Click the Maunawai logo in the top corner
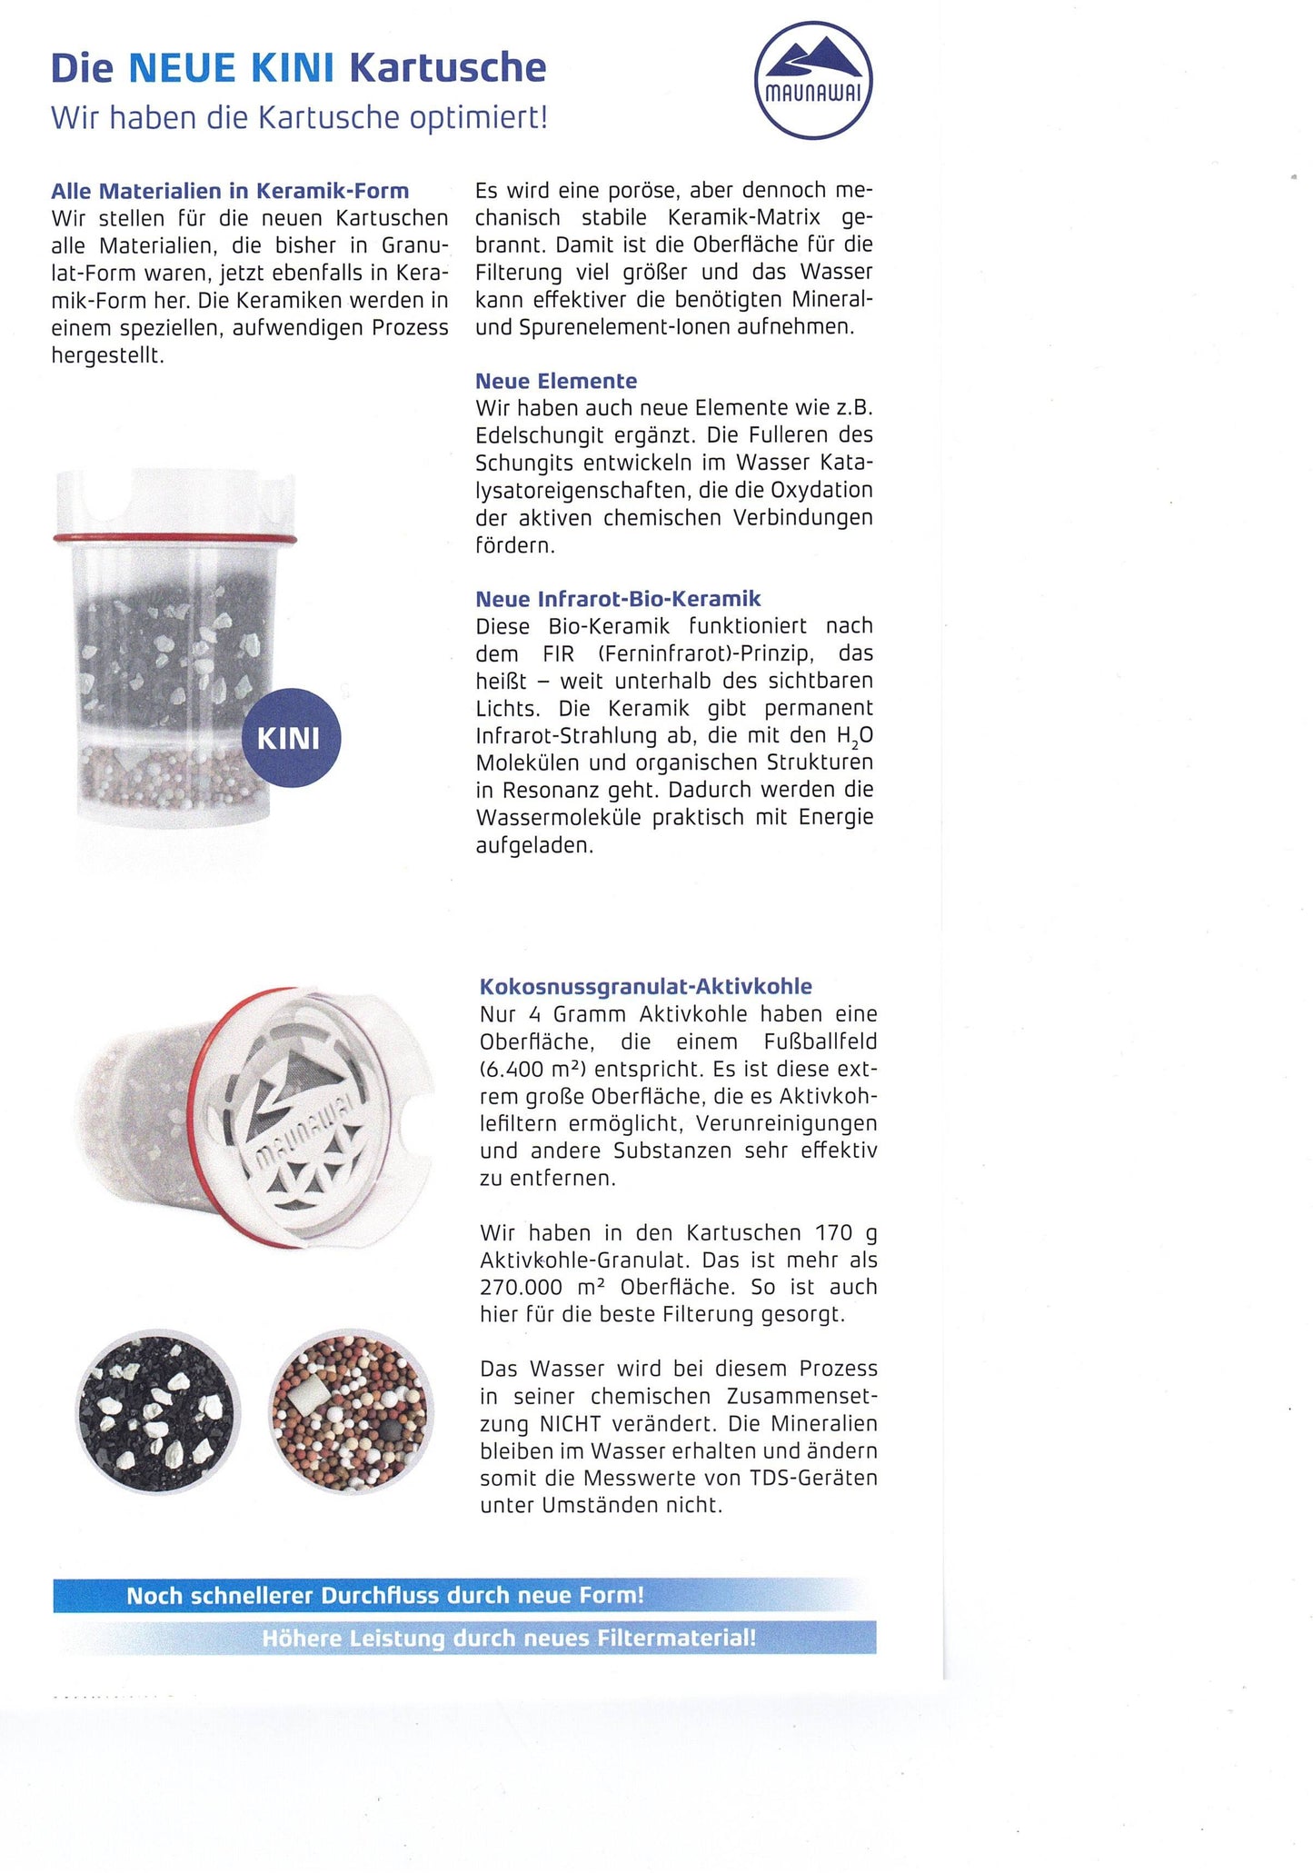click(x=813, y=80)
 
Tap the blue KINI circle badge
click(x=290, y=737)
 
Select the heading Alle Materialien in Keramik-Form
click(x=230, y=191)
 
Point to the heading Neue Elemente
click(x=556, y=381)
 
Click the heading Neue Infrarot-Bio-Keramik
click(x=618, y=599)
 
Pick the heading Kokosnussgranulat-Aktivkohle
click(x=645, y=987)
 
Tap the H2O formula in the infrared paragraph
click(x=841, y=735)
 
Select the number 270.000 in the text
click(x=522, y=1287)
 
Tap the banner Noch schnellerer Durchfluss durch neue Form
click(x=385, y=1595)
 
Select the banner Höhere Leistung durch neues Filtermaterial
click(x=509, y=1638)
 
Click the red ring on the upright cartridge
click(x=174, y=540)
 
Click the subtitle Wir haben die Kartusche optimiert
click(x=299, y=117)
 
